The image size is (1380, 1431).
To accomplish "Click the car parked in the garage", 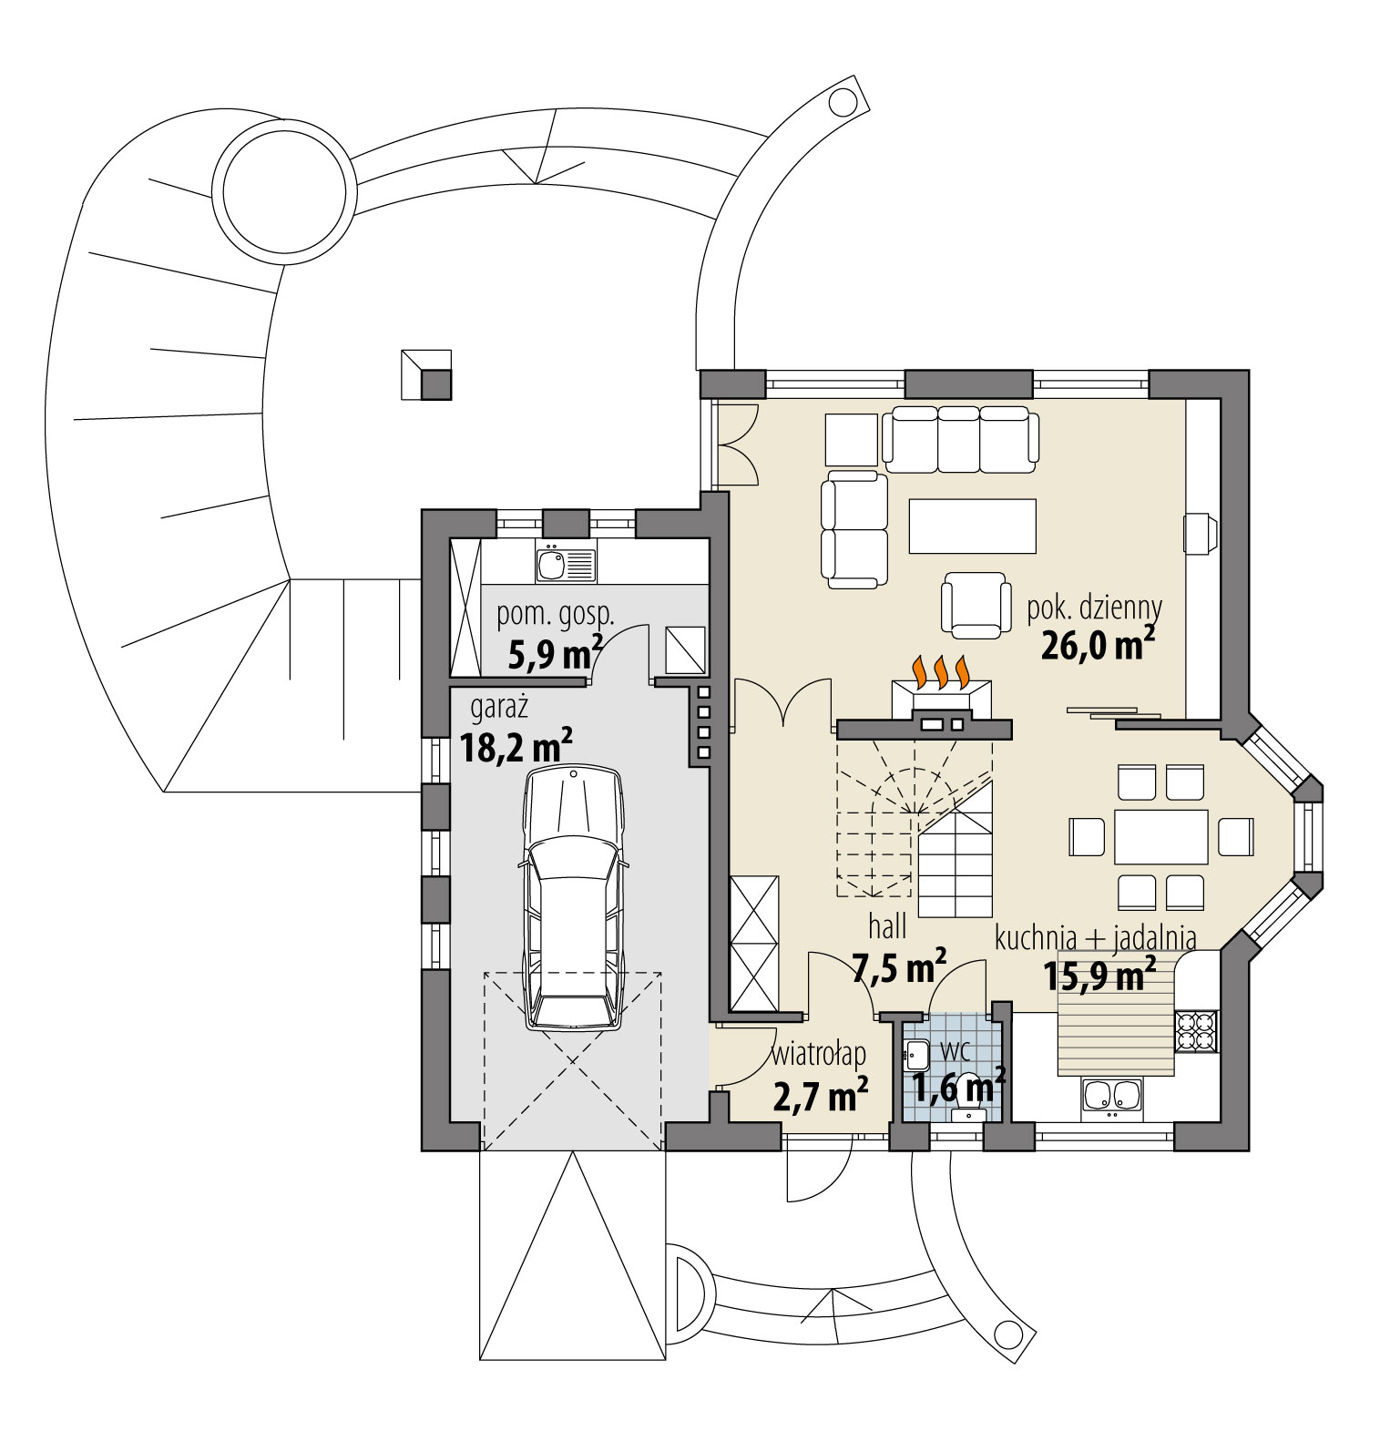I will tap(572, 897).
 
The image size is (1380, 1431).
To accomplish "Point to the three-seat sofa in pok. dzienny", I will tap(960, 439).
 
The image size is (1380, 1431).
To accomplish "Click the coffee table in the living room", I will tap(972, 526).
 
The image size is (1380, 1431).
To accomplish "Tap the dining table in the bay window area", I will tap(1160, 836).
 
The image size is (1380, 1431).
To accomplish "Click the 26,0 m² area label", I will tap(1098, 645).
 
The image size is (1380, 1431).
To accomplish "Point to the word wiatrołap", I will tap(818, 1055).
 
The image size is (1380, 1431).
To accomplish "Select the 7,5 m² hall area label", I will tap(898, 967).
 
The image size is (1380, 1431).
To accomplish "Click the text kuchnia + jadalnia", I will tap(1095, 937).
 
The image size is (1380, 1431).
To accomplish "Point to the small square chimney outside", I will tap(426, 374).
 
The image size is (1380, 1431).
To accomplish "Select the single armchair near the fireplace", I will tap(976, 605).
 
